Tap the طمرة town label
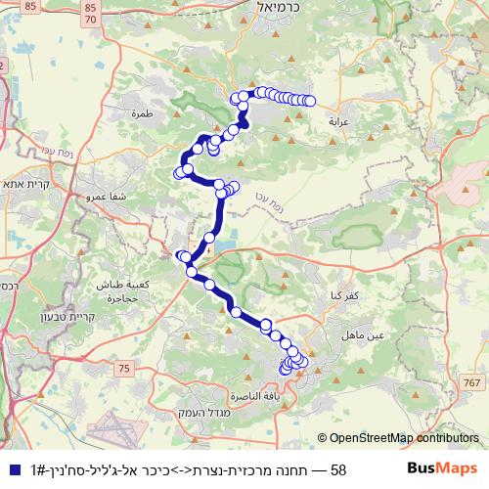pos(143,114)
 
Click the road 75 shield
pos(121,367)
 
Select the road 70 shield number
pos(90,19)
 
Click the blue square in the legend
pos(13,470)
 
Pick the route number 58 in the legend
pos(338,470)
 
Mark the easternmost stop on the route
pos(310,101)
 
